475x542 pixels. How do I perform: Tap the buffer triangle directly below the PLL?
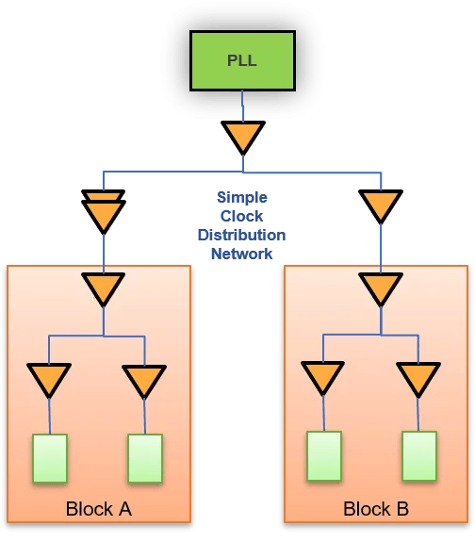243,138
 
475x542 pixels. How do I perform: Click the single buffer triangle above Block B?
380,205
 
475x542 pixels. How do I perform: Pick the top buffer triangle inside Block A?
103,288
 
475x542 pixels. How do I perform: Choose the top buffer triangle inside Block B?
380,288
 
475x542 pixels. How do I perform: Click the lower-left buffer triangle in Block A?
49,379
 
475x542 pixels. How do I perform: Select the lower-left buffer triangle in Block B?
323,377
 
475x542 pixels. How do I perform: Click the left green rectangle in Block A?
49,459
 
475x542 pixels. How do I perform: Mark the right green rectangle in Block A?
145,459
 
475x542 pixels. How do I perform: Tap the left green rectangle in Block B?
323,457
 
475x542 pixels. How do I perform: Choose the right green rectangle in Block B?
418,457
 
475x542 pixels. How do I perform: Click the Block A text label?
98,510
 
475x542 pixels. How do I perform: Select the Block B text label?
375,510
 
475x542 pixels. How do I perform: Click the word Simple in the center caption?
242,198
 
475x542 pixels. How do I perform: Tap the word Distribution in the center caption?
242,236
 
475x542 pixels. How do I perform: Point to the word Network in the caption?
242,255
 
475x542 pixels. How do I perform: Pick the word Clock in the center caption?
242,217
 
